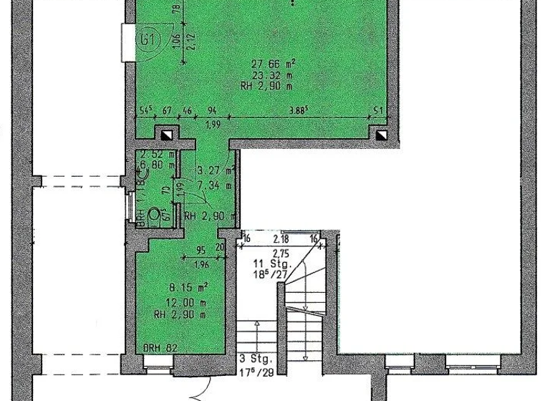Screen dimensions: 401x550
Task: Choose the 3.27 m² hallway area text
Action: click(215, 171)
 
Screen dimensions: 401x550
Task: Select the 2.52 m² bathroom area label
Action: click(153, 153)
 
